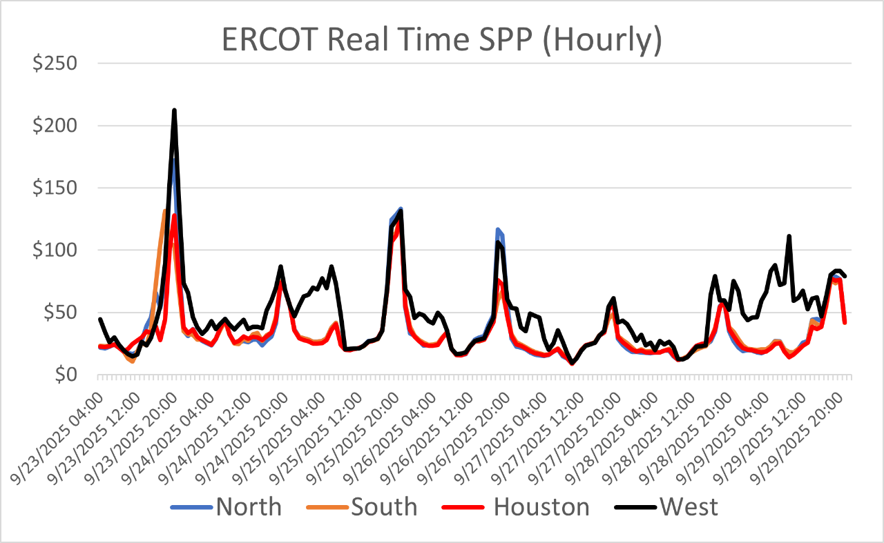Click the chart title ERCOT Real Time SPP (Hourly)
442,41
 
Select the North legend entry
248,507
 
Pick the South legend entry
383,507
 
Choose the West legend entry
688,507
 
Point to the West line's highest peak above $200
174,110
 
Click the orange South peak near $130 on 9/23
164,211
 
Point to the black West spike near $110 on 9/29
789,237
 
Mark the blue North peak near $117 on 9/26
497,229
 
